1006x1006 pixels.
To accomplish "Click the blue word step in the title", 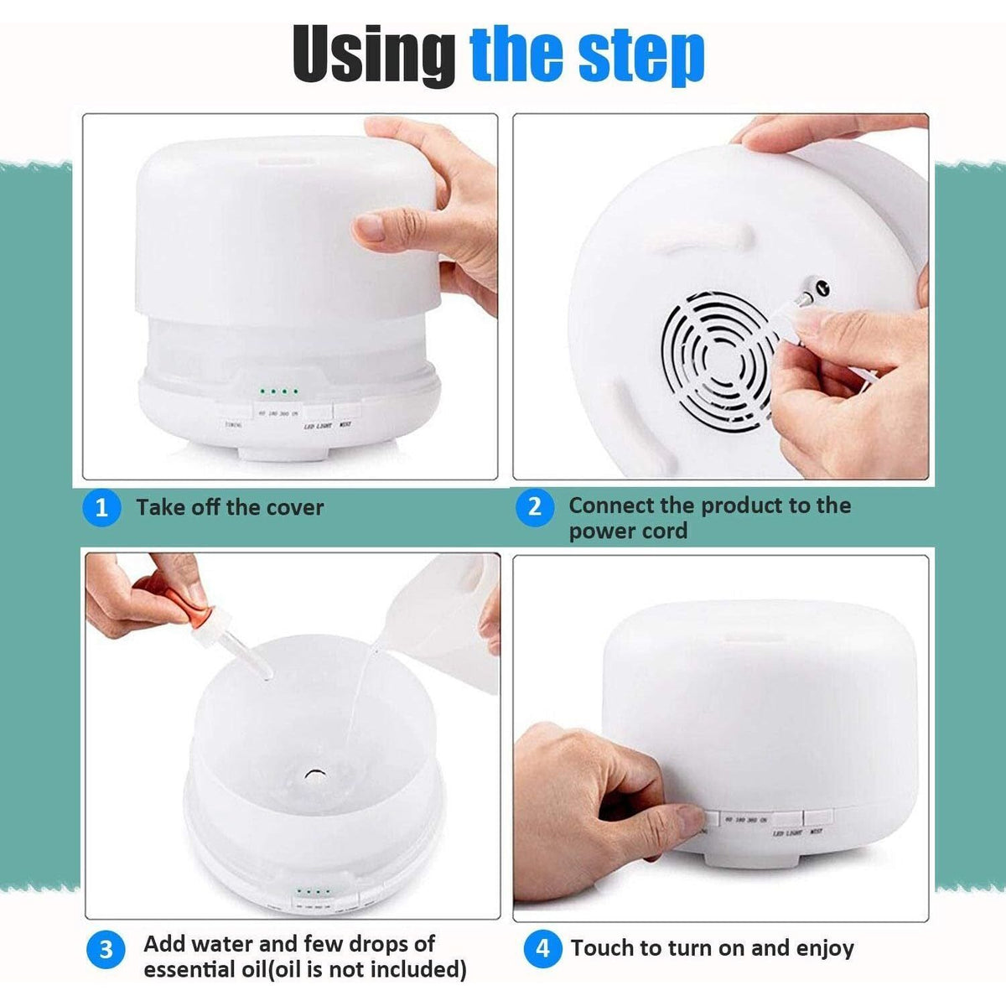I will [636, 56].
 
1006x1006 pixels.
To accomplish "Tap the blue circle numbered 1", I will [101, 507].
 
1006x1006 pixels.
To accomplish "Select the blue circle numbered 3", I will [106, 950].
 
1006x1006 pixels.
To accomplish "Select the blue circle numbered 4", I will [542, 948].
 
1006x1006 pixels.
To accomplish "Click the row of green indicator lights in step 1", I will [279, 392].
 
